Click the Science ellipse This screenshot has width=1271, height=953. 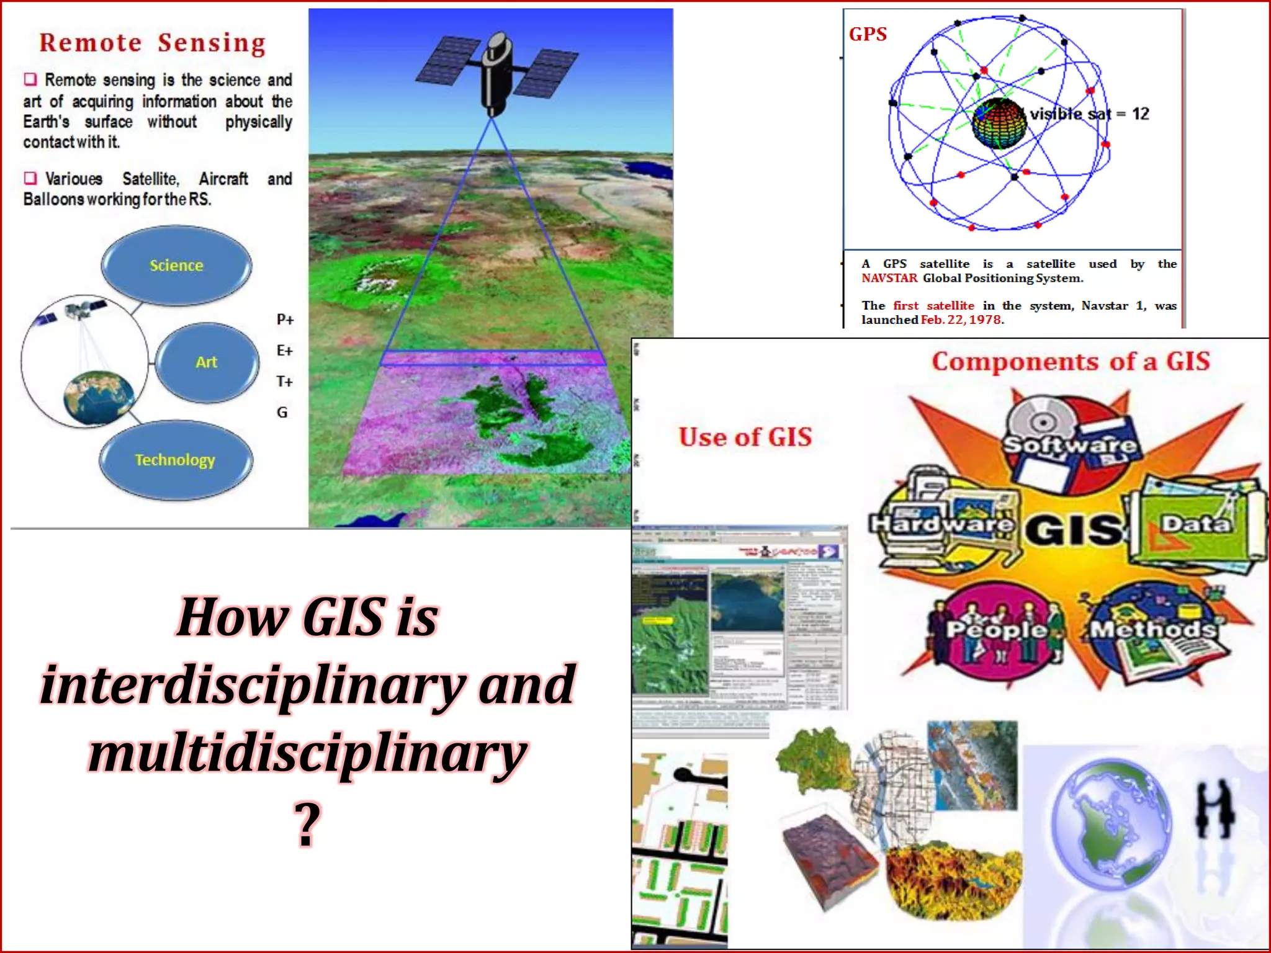point(176,266)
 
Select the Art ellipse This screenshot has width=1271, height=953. point(207,362)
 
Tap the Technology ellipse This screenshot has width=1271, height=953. point(175,460)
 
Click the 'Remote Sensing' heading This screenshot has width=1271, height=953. point(153,43)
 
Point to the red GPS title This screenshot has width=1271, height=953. point(868,34)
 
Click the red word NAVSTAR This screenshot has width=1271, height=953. point(889,278)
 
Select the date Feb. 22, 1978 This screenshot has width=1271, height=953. point(961,320)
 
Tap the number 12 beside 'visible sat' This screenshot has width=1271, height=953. point(1140,114)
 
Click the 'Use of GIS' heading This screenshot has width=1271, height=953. point(745,437)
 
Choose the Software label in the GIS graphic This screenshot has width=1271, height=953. point(1070,444)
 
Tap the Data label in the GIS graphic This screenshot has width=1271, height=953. point(1195,524)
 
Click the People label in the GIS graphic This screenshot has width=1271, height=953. point(995,630)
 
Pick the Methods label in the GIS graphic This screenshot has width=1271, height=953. point(1153,629)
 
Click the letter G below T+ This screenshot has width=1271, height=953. point(282,412)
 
